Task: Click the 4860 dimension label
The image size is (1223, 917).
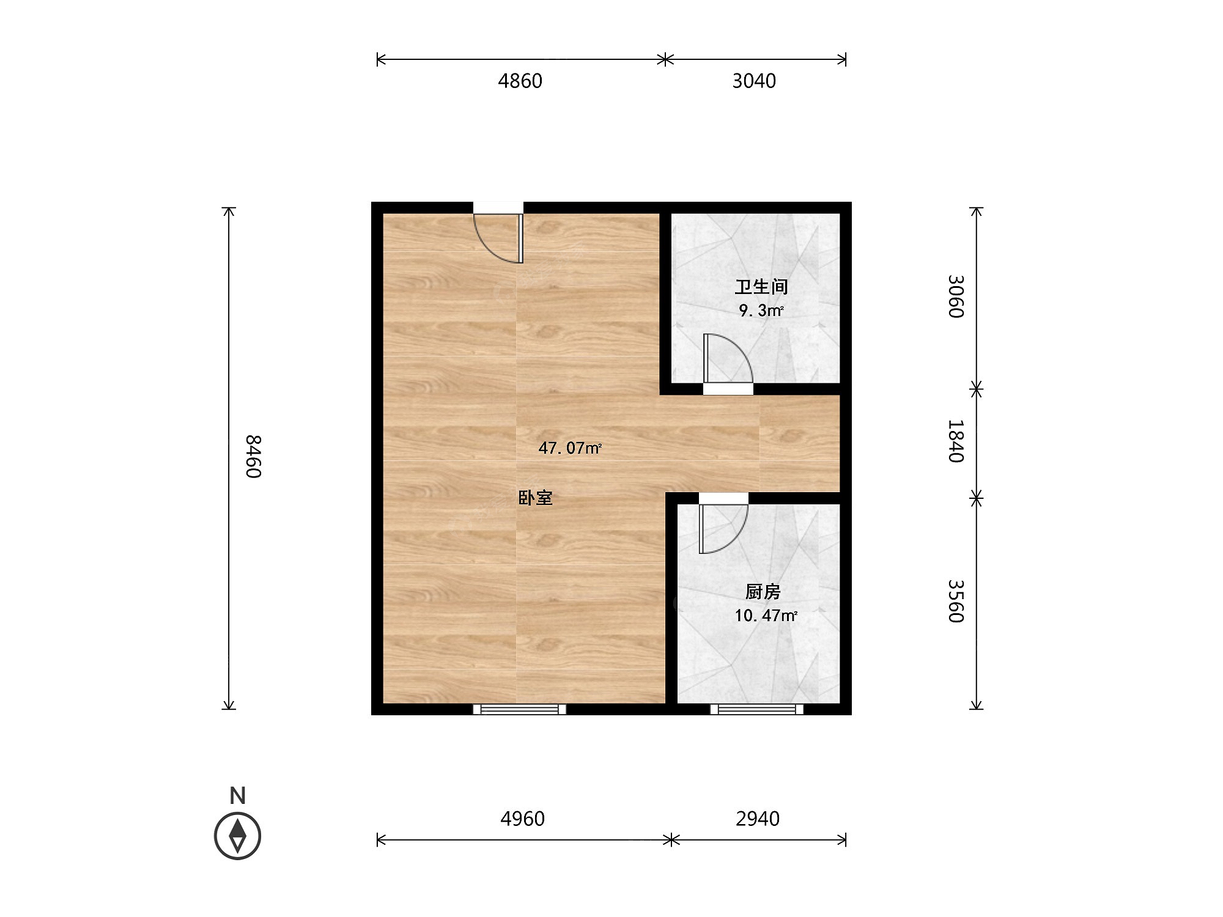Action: [520, 81]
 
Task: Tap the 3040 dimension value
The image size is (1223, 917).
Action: [754, 81]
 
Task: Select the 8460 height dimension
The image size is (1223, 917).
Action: [254, 457]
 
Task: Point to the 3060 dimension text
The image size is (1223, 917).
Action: [956, 296]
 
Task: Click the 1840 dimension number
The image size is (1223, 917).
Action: [956, 441]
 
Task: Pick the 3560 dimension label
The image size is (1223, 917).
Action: [956, 601]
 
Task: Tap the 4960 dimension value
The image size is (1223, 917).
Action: [522, 819]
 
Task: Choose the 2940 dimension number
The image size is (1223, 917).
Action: [758, 819]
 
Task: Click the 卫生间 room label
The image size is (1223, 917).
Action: [761, 287]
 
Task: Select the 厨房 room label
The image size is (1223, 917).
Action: [763, 592]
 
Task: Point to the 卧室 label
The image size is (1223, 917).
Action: [536, 498]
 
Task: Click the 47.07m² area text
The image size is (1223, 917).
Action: [570, 448]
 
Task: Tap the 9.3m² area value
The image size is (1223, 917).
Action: [761, 311]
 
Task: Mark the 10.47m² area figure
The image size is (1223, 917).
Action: [766, 616]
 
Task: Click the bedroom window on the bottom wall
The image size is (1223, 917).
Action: [519, 709]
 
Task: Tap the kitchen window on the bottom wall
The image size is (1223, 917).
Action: [756, 709]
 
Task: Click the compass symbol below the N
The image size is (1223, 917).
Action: [237, 835]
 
